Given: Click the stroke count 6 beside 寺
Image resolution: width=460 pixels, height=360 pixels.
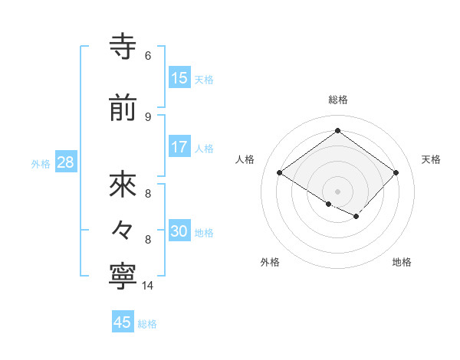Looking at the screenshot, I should pyautogui.click(x=147, y=56).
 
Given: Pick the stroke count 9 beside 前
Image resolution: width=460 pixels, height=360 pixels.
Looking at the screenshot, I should pyautogui.click(x=147, y=116).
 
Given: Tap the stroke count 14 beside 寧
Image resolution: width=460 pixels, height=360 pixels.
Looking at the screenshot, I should pyautogui.click(x=148, y=286).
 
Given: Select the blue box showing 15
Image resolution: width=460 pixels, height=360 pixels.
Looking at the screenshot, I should pyautogui.click(x=179, y=78).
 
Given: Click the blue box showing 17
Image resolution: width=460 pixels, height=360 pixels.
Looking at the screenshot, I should pyautogui.click(x=179, y=147).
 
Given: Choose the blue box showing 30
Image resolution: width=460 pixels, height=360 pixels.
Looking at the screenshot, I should pyautogui.click(x=179, y=232).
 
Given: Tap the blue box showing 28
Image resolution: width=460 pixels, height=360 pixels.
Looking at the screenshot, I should pyautogui.click(x=65, y=163).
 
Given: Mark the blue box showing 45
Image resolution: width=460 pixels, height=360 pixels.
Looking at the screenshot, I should pyautogui.click(x=123, y=322).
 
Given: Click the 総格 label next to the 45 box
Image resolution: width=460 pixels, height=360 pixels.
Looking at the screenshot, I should pyautogui.click(x=147, y=324).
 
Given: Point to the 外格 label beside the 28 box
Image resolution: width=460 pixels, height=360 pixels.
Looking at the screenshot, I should pyautogui.click(x=41, y=164).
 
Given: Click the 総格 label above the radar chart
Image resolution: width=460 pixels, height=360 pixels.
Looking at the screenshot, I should pyautogui.click(x=337, y=100).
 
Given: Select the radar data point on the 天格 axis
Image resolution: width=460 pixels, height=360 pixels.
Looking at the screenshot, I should pyautogui.click(x=396, y=173).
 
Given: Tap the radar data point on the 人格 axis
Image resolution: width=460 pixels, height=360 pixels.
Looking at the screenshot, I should pyautogui.click(x=280, y=173).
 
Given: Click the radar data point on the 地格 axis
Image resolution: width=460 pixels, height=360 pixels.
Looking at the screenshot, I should pyautogui.click(x=356, y=218).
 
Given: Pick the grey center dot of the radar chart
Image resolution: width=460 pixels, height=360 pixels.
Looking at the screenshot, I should pyautogui.click(x=337, y=190).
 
